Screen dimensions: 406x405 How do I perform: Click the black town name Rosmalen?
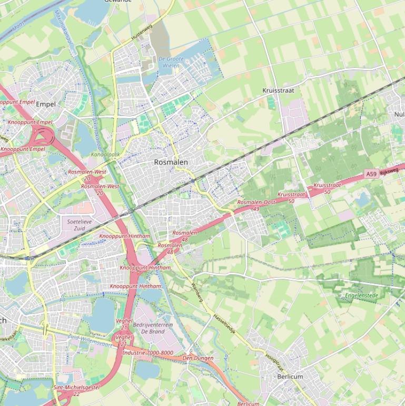coord(171,162)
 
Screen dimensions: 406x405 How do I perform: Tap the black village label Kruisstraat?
coord(278,91)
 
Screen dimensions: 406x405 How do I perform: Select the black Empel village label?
coord(45,104)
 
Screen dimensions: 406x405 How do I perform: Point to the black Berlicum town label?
coord(290,376)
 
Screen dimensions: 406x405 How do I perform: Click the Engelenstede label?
coord(362,296)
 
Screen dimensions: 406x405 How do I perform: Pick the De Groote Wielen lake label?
coord(171,62)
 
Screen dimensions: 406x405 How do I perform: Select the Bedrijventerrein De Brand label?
coord(153,328)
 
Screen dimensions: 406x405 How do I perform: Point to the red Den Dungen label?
coord(198,358)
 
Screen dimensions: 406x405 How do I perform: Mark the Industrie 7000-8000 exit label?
coord(148,353)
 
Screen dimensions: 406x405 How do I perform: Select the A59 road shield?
coord(371,173)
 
